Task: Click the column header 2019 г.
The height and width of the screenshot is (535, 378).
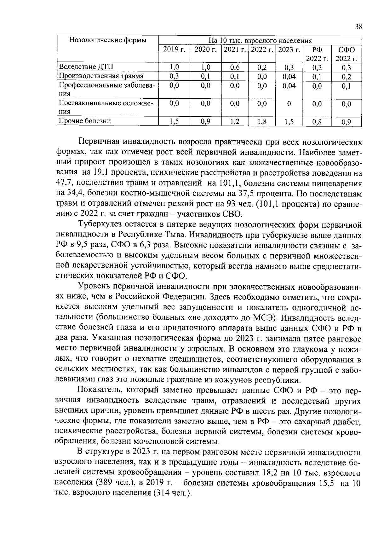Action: tap(174, 49)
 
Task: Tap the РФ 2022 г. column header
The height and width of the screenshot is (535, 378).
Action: tap(317, 54)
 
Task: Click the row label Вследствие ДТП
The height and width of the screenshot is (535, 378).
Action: tap(86, 67)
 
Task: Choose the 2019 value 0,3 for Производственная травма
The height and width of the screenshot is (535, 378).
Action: tap(174, 76)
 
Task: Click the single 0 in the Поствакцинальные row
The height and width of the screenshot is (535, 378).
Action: tap(289, 104)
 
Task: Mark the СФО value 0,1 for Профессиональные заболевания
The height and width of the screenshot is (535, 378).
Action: tap(346, 86)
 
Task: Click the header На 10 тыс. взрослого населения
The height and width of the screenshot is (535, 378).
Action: tap(260, 41)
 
